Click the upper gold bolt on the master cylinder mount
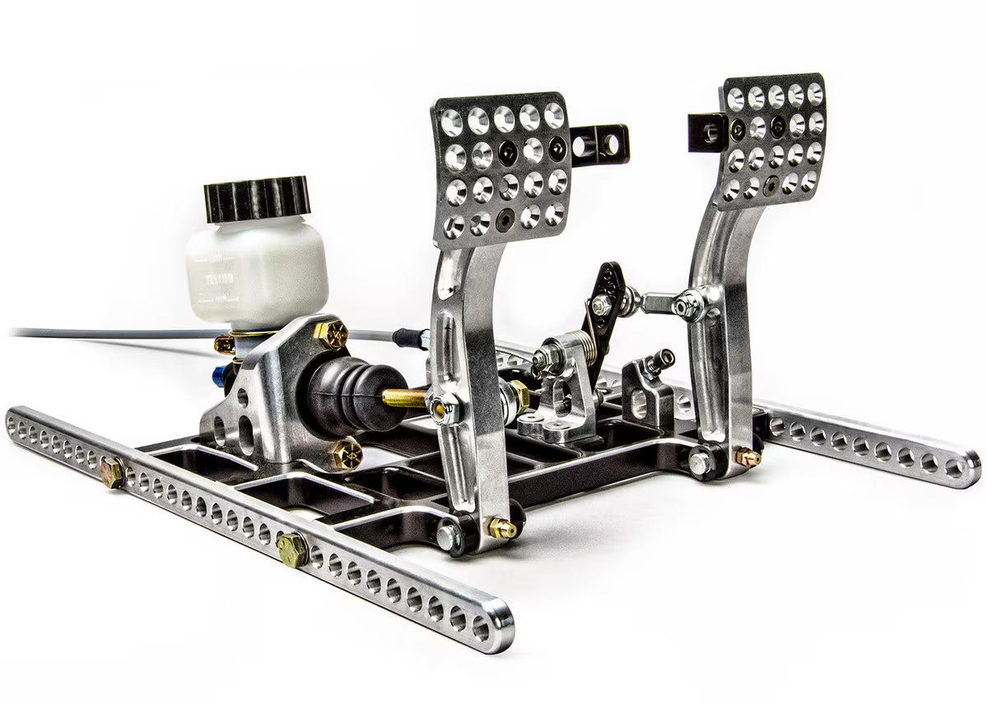point(331,332)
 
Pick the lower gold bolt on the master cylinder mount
point(346,453)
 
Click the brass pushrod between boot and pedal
point(403,398)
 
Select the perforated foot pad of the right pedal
point(774,140)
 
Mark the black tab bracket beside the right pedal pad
point(708,132)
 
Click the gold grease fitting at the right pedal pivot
point(747,457)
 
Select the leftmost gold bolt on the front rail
point(111,472)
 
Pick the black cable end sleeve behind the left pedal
point(411,337)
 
